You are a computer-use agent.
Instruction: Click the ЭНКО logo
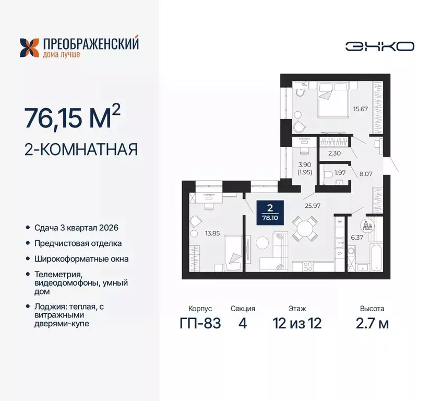pyautogui.click(x=379, y=46)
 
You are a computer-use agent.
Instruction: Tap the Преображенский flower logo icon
pyautogui.click(x=30, y=47)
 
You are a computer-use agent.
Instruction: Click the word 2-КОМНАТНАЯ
pyautogui.click(x=81, y=150)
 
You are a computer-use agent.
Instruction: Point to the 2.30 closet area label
pyautogui.click(x=334, y=153)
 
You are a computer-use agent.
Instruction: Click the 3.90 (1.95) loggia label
pyautogui.click(x=304, y=167)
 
